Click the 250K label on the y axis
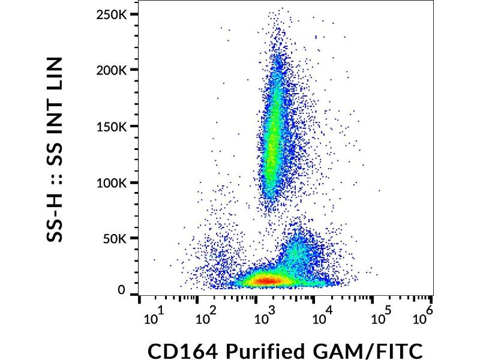[x=112, y=14]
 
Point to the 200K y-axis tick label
[x=112, y=70]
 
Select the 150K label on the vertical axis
[x=112, y=127]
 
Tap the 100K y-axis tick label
[x=112, y=183]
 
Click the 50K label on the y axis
[x=115, y=239]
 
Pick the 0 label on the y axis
[x=121, y=290]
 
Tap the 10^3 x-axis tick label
[x=265, y=317]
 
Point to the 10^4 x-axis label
[x=322, y=317]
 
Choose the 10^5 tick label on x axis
[x=380, y=317]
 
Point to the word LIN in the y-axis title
[x=55, y=76]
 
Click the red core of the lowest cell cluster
[x=268, y=280]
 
